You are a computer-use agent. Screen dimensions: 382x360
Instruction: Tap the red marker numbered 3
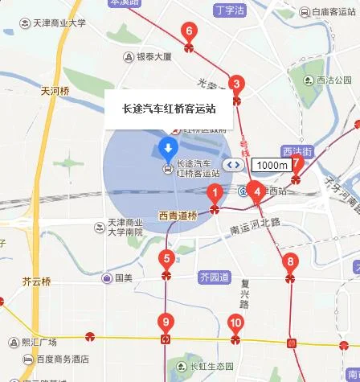coord(235,84)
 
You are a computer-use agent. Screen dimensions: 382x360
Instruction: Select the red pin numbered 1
coord(215,193)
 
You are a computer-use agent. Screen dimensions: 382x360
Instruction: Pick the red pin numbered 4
coord(256,191)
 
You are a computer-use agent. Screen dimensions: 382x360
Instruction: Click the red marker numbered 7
coord(297,163)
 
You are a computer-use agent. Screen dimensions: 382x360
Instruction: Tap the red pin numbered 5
coord(166,259)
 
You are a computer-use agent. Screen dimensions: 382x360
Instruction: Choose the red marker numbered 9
coord(166,323)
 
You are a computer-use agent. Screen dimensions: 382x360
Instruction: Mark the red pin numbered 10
coord(235,323)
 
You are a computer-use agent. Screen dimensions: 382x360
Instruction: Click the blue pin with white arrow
coord(168,147)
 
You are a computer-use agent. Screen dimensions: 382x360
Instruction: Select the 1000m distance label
coord(271,165)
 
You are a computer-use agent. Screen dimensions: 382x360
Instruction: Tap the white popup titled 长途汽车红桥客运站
coord(169,109)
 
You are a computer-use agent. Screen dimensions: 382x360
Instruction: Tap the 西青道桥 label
coord(178,216)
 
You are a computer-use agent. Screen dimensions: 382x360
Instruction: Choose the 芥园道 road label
coord(213,277)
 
